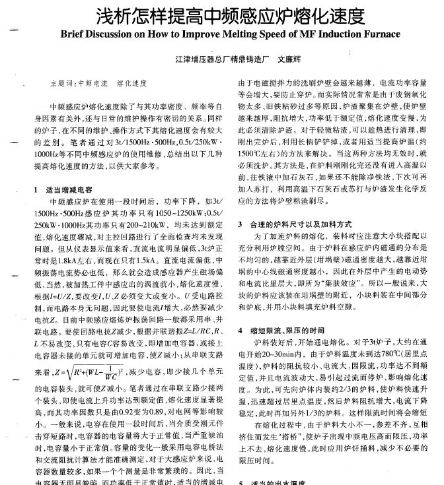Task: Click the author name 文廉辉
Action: (288, 59)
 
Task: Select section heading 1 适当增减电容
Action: (63, 171)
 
